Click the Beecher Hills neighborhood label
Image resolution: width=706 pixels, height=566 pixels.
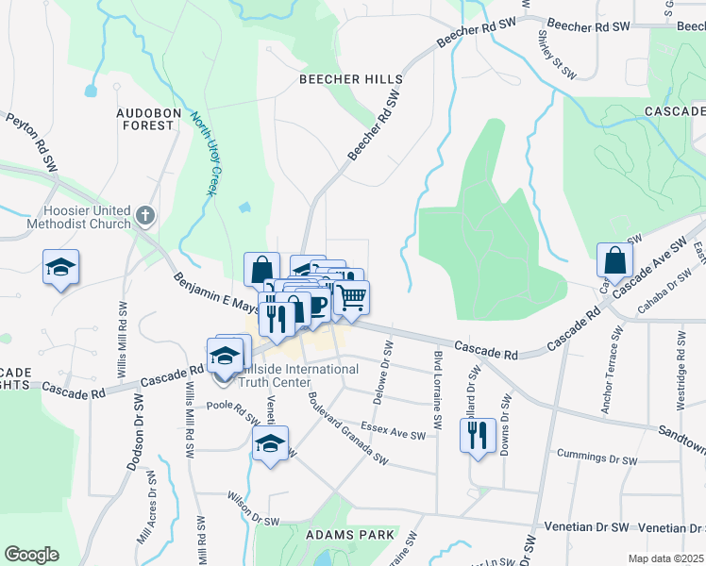[350, 80]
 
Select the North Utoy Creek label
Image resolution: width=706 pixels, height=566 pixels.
[205, 155]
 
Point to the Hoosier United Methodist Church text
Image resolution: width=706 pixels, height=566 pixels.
[88, 217]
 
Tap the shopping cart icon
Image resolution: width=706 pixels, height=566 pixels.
[351, 297]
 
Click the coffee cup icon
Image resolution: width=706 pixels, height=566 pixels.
[317, 306]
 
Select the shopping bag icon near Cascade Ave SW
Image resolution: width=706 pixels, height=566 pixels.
[614, 261]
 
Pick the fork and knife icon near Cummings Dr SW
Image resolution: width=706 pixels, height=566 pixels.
[477, 436]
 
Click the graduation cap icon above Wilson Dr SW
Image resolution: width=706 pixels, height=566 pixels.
[270, 442]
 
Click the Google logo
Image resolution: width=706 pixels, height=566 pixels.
[31, 555]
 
